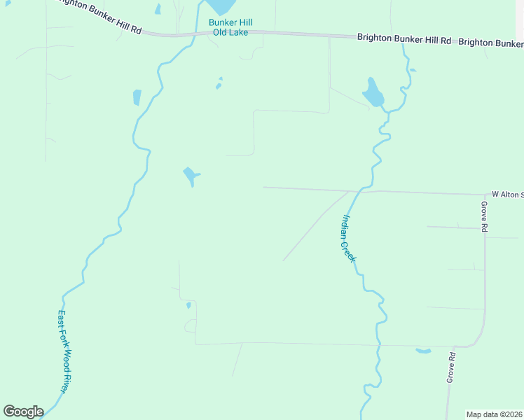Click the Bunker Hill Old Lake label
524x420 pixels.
(x=228, y=27)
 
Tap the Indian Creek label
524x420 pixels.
(x=348, y=239)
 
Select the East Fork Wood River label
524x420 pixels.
(x=67, y=351)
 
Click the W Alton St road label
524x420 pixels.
(x=507, y=194)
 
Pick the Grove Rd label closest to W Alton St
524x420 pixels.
(x=483, y=216)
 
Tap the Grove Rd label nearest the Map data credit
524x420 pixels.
(x=452, y=367)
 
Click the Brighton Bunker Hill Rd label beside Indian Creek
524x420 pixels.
(x=404, y=40)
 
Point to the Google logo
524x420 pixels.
(x=23, y=412)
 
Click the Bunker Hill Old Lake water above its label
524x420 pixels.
(x=221, y=6)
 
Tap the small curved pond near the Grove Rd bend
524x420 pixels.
(x=423, y=351)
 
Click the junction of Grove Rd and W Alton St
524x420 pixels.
(x=485, y=195)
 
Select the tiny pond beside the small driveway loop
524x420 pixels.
(x=188, y=305)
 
